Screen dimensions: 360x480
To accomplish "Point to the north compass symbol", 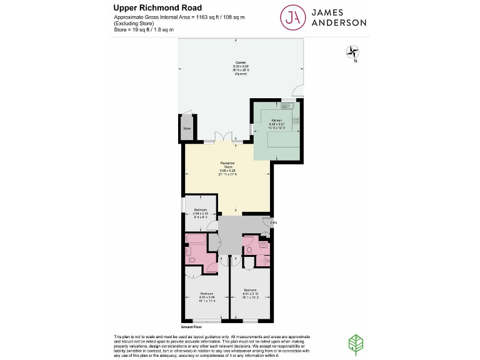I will [x=353, y=54].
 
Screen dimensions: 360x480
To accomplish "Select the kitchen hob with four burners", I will [x=297, y=120].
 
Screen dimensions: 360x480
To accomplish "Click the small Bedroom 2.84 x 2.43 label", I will [x=201, y=212].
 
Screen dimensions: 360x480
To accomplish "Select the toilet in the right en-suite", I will [x=249, y=249].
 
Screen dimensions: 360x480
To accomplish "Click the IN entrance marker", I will [x=272, y=222].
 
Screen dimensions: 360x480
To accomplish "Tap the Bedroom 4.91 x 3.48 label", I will [x=207, y=297].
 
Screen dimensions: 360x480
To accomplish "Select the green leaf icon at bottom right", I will [x=354, y=343].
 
